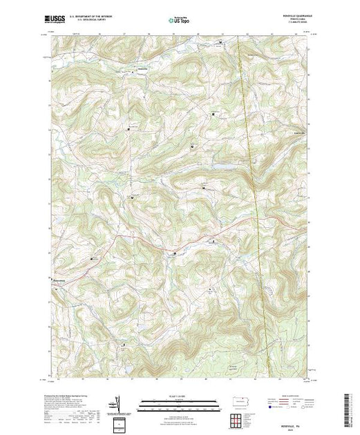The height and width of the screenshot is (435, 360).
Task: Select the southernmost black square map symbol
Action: (124, 344)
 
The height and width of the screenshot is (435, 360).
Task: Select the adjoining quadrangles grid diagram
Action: (237, 420)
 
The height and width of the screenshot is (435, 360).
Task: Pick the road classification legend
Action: (283, 403)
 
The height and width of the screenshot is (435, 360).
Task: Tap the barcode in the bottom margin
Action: (348, 407)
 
